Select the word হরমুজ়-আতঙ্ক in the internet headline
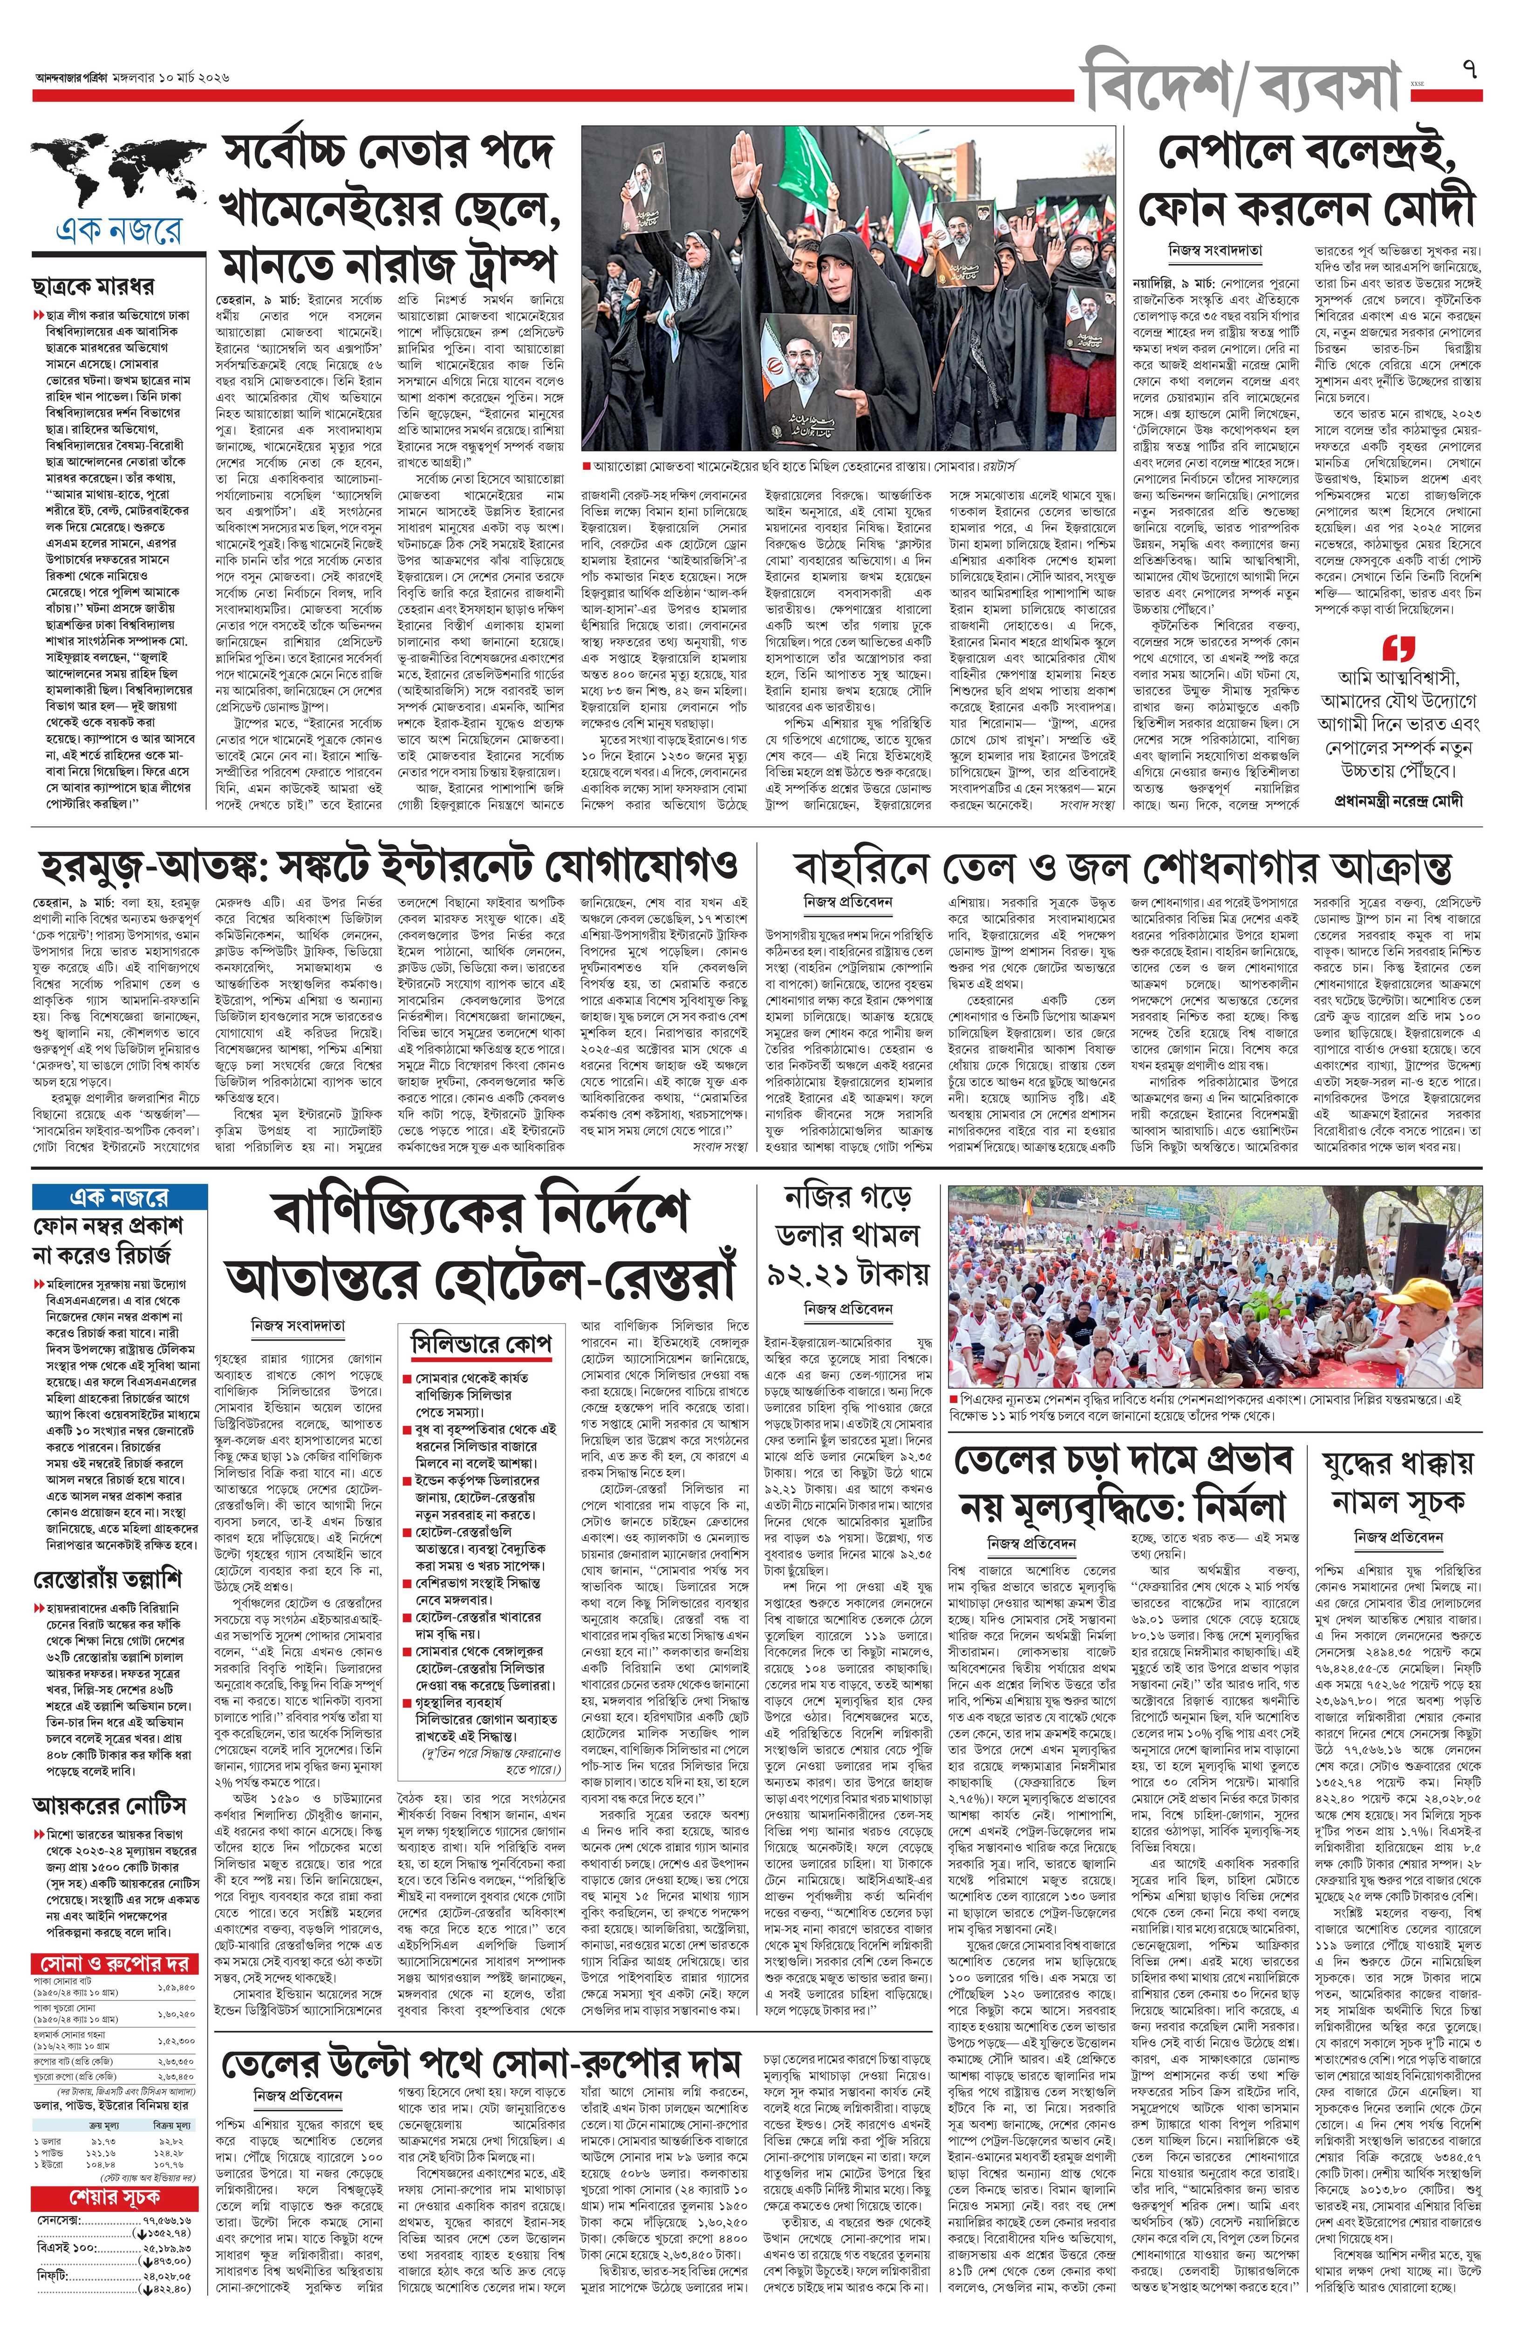click(x=137, y=867)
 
